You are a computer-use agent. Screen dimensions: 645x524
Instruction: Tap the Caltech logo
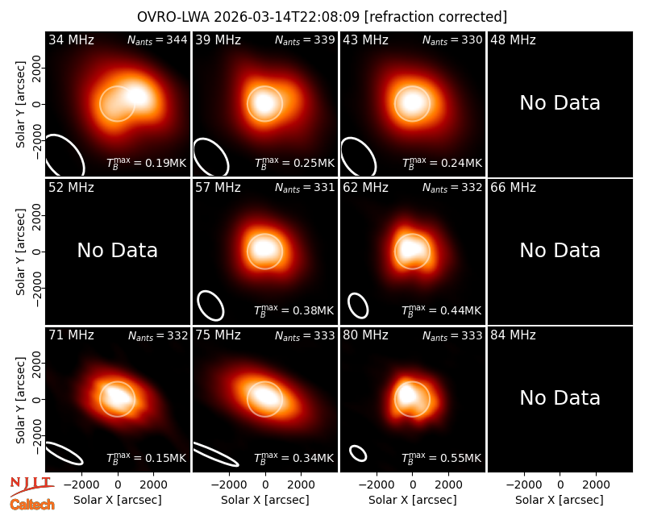(x=32, y=505)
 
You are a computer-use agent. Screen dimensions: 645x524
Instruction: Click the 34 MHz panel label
(x=71, y=40)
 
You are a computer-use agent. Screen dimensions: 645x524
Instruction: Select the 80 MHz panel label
(x=366, y=335)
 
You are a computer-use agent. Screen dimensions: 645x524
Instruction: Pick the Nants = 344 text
(x=157, y=40)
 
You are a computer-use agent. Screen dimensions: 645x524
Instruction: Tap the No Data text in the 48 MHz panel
(x=560, y=103)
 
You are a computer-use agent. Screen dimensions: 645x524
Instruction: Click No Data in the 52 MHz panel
(x=117, y=251)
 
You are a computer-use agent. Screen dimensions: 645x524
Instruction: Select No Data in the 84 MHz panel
(x=560, y=398)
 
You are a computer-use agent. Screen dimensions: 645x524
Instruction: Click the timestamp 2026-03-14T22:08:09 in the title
(x=286, y=17)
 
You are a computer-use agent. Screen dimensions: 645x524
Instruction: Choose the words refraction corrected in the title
(x=435, y=17)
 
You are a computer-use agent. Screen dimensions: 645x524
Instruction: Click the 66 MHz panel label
(x=513, y=188)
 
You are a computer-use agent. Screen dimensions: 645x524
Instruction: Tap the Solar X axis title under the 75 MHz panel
(x=265, y=500)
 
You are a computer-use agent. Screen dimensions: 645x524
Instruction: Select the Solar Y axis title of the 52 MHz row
(x=21, y=252)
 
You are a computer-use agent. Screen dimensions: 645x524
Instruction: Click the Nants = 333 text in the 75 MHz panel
(x=305, y=335)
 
